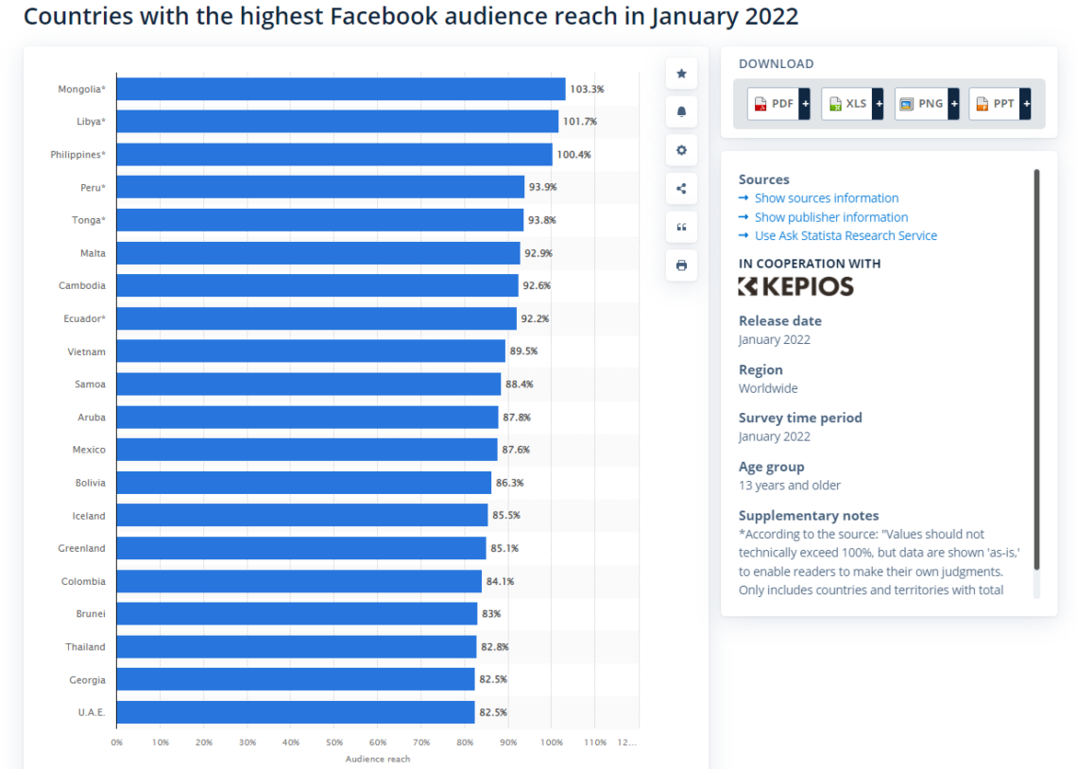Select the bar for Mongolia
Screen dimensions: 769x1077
[x=340, y=89]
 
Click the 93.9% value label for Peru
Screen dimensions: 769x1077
[x=543, y=187]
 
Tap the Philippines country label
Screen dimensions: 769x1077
[x=77, y=154]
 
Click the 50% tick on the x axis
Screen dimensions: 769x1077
[x=334, y=743]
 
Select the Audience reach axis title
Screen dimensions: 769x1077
[x=378, y=759]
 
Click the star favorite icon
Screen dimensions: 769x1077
[x=681, y=74]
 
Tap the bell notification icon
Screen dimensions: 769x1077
[x=681, y=111]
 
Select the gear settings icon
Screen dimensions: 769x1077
[x=681, y=150]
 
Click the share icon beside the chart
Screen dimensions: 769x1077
[x=681, y=188]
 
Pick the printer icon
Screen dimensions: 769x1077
[x=681, y=265]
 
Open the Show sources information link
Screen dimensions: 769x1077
[x=826, y=198]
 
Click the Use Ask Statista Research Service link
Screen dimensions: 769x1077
[x=846, y=235]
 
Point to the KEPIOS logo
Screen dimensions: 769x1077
[x=795, y=286]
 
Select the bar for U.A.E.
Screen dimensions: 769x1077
[x=295, y=712]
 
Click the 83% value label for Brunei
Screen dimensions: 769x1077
[x=491, y=614]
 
